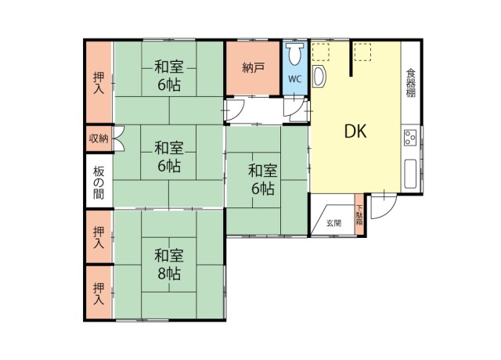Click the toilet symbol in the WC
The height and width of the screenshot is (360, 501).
(294, 54)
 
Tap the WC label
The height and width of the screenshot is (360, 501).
(294, 79)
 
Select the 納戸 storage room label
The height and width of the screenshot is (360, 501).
(253, 67)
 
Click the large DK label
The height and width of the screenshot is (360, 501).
(355, 131)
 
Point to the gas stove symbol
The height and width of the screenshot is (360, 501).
(410, 138)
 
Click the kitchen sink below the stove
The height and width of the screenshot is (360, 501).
(410, 174)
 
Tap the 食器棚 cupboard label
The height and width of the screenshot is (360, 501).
(410, 83)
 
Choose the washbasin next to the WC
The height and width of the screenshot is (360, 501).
(319, 76)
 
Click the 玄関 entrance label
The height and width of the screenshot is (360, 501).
(333, 223)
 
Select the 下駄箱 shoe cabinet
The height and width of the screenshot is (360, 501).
(359, 214)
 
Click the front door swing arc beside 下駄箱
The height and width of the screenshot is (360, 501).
(387, 211)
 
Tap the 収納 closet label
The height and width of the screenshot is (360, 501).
(99, 139)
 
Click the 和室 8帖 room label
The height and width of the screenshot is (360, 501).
(168, 265)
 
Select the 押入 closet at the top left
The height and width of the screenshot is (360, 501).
(99, 82)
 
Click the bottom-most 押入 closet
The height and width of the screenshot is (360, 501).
(99, 293)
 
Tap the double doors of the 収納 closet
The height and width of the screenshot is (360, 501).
(118, 139)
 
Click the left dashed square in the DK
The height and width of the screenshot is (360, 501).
(320, 52)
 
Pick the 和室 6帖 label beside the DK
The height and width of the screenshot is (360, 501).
(263, 180)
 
